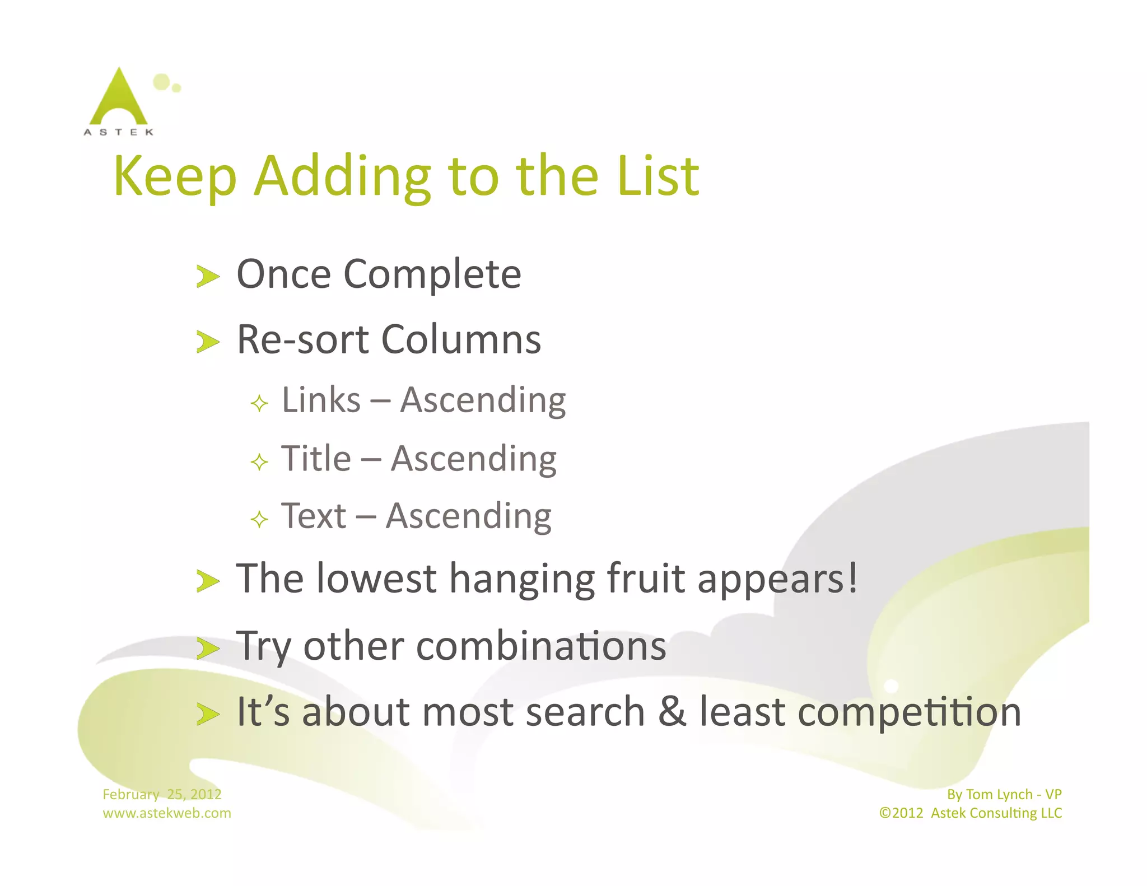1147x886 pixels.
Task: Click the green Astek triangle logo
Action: tap(118, 98)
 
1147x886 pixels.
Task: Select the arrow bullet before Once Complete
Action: tap(208, 277)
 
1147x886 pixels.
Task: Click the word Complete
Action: tap(432, 274)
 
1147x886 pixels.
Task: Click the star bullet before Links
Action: tap(259, 403)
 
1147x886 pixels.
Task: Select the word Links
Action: tap(321, 400)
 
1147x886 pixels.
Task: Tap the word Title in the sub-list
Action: tap(316, 459)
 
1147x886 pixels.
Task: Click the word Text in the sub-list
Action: tap(314, 516)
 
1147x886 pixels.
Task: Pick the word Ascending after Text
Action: tap(469, 517)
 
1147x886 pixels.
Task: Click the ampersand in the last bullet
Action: tap(672, 711)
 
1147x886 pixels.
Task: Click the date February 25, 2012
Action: tap(162, 794)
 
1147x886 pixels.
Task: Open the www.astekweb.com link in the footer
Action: tap(166, 813)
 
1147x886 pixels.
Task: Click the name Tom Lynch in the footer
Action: tap(999, 794)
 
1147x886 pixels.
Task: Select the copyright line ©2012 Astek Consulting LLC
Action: tap(970, 813)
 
